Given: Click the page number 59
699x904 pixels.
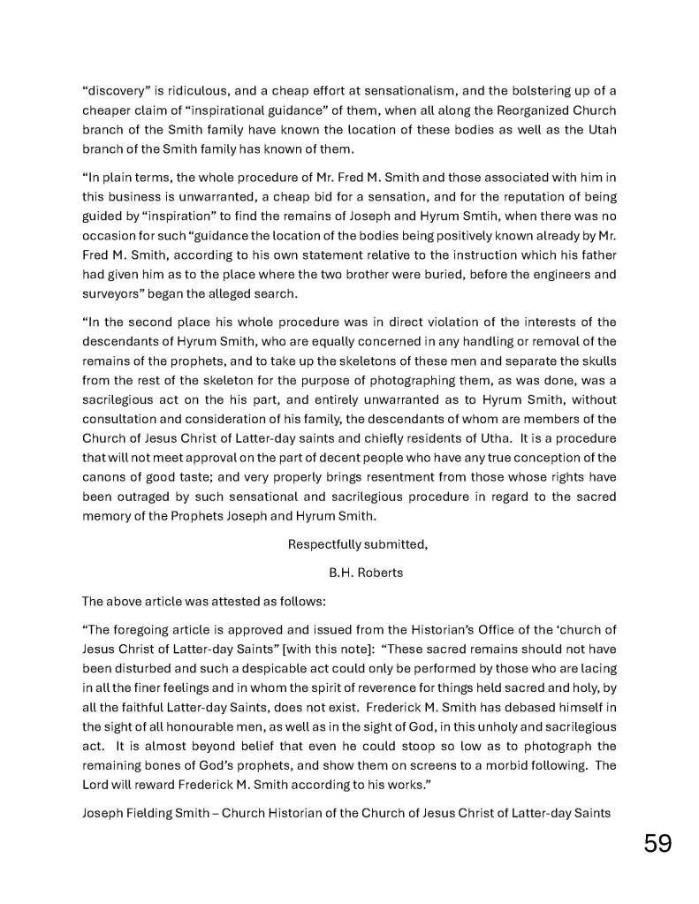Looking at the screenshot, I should click(657, 843).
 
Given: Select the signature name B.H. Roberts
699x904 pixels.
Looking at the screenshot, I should click(365, 573).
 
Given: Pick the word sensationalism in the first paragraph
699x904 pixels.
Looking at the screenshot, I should click(388, 91).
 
